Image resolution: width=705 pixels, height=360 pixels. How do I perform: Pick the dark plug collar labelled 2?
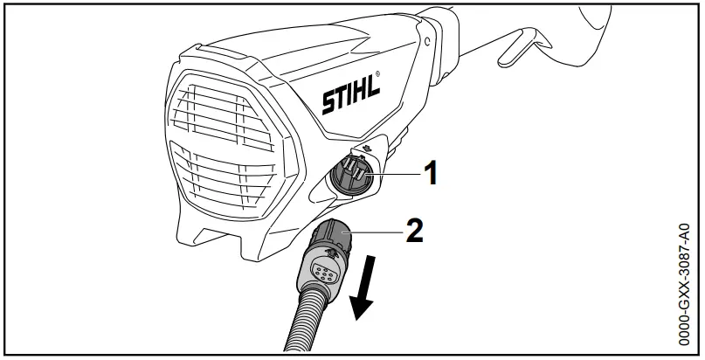tap(330, 238)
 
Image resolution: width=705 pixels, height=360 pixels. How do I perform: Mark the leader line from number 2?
tap(376, 232)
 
